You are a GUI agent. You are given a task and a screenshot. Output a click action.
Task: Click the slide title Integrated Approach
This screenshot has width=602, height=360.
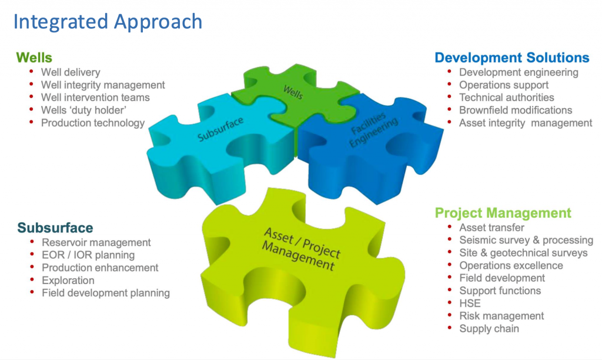pos(108,22)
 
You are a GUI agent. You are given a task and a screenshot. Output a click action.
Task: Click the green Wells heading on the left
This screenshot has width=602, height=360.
pos(34,58)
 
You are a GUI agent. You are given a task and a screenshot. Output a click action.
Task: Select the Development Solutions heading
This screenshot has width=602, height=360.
pos(512,58)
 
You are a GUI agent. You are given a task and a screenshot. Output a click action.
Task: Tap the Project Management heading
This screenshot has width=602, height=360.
pos(503,213)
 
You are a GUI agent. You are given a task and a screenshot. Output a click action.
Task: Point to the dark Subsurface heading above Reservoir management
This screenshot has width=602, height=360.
pos(55,228)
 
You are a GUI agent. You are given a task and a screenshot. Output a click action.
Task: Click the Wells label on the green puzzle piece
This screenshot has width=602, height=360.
pos(293,92)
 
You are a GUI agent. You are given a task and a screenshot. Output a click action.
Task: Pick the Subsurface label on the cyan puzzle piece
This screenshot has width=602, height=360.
pos(220,129)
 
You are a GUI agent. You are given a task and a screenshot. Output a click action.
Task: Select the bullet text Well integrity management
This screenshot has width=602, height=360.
pos(103,85)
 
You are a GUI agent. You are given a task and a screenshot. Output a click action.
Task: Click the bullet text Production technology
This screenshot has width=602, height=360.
pos(93,123)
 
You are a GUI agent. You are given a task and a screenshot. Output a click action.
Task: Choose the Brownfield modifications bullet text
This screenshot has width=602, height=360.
pos(516,110)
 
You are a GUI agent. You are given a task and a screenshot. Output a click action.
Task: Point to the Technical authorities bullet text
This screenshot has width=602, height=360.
pos(507,98)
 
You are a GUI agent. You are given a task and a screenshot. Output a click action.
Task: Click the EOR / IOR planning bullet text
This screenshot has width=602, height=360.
pos(88,255)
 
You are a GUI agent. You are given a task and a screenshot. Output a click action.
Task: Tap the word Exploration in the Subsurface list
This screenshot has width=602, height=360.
pos(68,281)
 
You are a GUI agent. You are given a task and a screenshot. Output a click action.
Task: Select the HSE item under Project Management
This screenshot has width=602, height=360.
pos(470,304)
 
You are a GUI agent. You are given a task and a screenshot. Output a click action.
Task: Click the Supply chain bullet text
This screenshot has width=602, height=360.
pos(489,329)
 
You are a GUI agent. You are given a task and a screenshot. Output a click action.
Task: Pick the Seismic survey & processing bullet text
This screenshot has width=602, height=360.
pos(526,240)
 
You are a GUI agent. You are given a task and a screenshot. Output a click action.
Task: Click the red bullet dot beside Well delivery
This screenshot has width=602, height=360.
pos(32,71)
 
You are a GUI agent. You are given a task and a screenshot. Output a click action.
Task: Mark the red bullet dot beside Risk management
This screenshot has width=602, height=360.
pos(450,315)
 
